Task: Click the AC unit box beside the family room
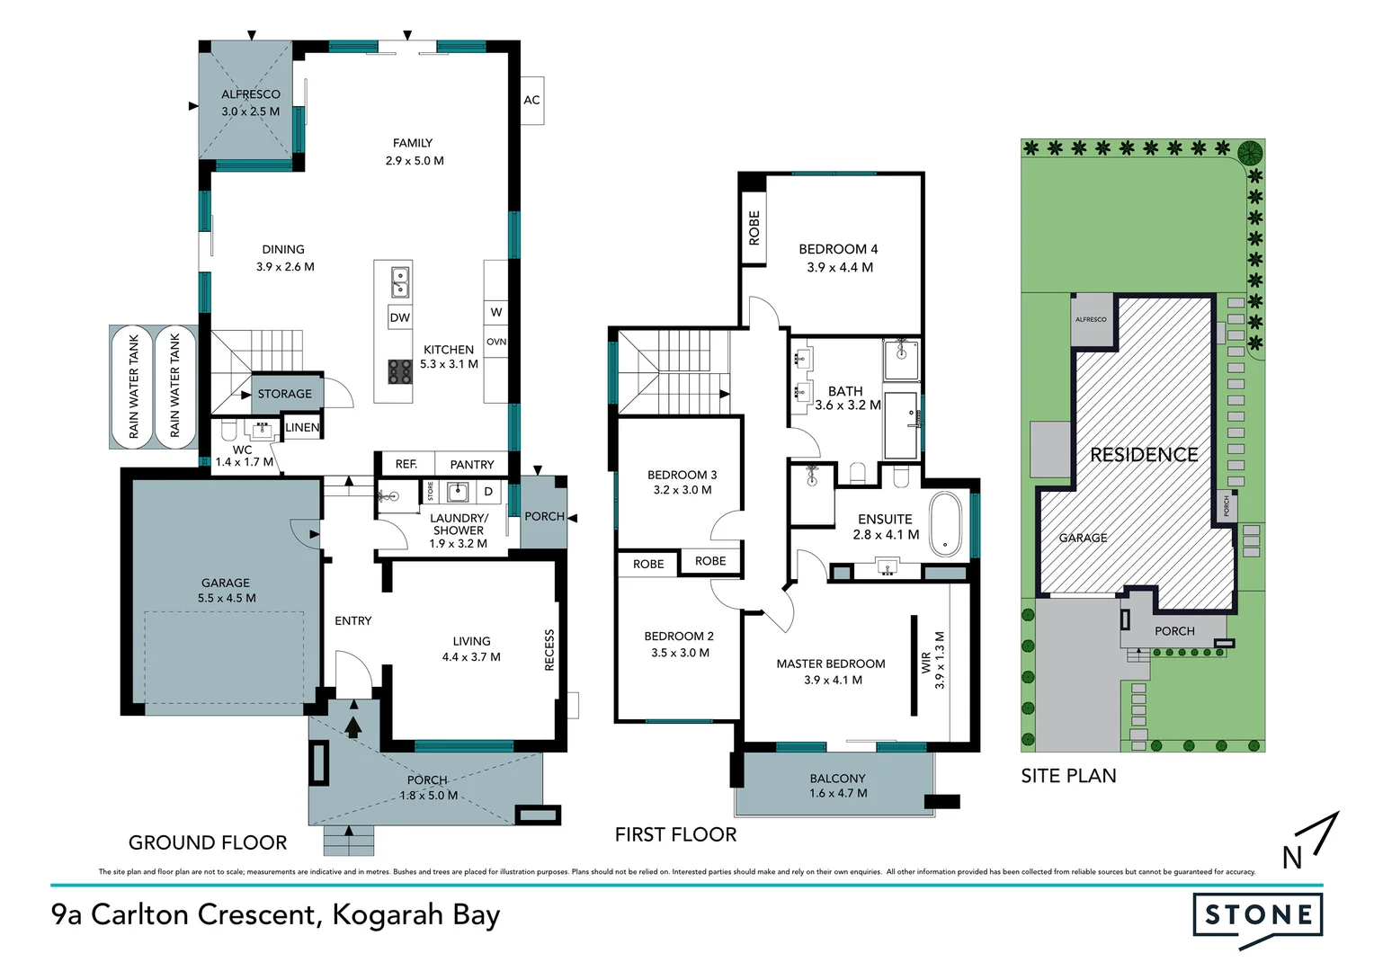pyautogui.click(x=531, y=100)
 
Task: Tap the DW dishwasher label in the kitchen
pyautogui.click(x=400, y=317)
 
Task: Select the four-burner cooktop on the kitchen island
pyautogui.click(x=400, y=371)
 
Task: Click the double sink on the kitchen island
pyautogui.click(x=400, y=281)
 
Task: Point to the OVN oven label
pyautogui.click(x=496, y=342)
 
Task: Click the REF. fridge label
pyautogui.click(x=406, y=464)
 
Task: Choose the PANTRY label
pyautogui.click(x=472, y=465)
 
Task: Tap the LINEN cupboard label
pyautogui.click(x=302, y=427)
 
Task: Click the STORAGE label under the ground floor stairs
pyautogui.click(x=284, y=394)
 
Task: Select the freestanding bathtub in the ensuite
pyautogui.click(x=945, y=523)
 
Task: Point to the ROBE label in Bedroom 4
pyautogui.click(x=754, y=228)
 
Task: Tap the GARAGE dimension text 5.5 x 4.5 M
pyautogui.click(x=227, y=598)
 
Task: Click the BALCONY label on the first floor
pyautogui.click(x=837, y=779)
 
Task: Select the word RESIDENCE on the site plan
pyautogui.click(x=1144, y=455)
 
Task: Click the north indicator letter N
pyautogui.click(x=1291, y=858)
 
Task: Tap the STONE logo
pyautogui.click(x=1258, y=916)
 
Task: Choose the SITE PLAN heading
pyautogui.click(x=1068, y=776)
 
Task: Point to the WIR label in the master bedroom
pyautogui.click(x=926, y=664)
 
